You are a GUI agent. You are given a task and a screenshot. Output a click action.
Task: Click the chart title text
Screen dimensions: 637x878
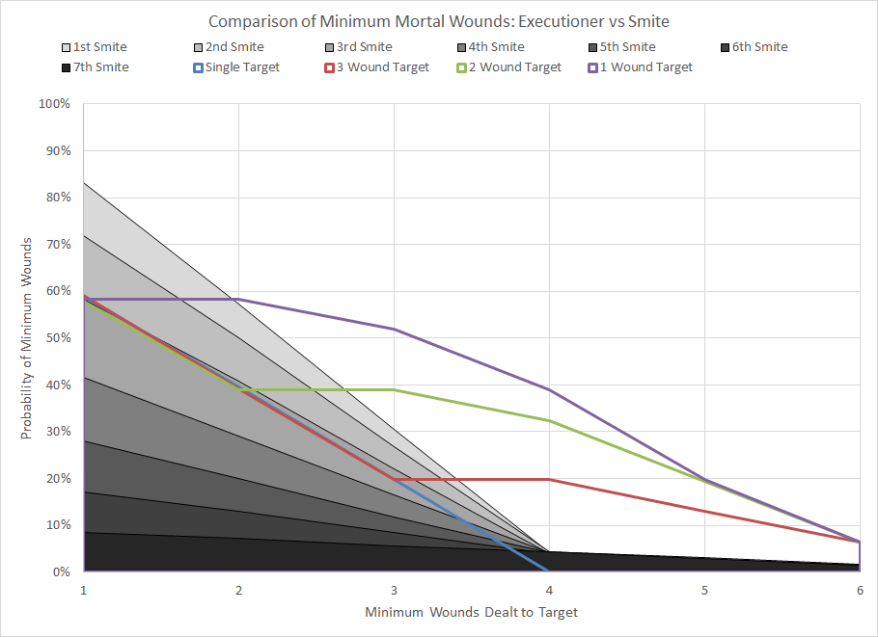[439, 21]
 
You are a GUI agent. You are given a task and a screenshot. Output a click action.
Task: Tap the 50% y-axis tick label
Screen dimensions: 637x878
[59, 338]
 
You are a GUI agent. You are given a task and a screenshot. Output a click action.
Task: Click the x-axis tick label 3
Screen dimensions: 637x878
[394, 589]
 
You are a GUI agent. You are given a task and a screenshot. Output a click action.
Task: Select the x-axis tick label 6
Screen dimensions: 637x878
[860, 589]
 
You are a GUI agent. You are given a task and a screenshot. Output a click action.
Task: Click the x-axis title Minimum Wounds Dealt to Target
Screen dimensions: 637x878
[472, 612]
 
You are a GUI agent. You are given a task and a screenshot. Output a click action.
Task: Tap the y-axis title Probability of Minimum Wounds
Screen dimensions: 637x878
[26, 338]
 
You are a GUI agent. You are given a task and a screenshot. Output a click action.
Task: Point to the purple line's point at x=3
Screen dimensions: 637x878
[394, 329]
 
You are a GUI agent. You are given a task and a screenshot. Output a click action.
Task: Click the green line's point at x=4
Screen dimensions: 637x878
[549, 420]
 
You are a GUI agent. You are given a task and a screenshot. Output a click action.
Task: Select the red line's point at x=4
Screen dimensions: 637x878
[549, 479]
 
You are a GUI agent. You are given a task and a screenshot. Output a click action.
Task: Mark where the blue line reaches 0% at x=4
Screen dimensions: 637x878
[549, 571]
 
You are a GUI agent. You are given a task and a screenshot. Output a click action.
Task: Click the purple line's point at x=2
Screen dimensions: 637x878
[238, 299]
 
